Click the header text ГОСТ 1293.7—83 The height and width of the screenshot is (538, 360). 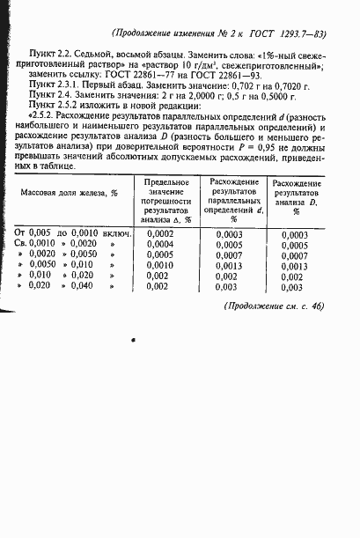pyautogui.click(x=283, y=34)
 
